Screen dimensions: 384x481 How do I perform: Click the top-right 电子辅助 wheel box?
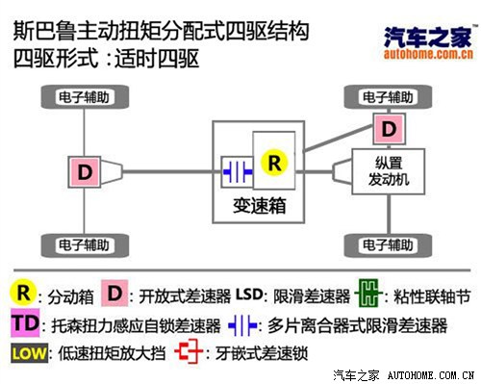point(390,96)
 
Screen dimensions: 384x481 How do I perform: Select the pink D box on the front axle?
point(388,128)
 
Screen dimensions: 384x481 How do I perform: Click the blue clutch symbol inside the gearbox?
point(235,167)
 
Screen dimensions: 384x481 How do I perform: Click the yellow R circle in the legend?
point(21,290)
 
